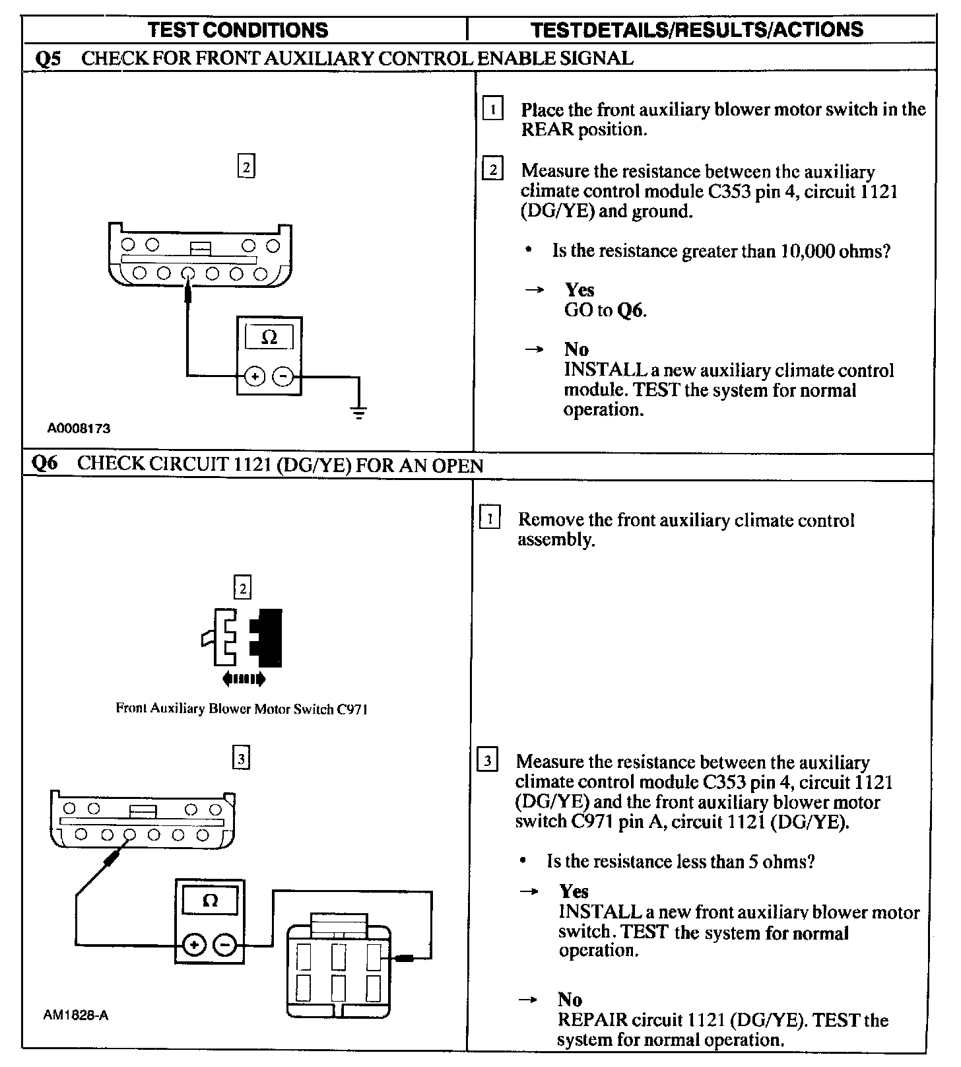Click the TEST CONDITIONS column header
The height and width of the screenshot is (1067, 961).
pos(238,30)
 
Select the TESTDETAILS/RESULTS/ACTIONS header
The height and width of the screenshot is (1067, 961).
pos(697,30)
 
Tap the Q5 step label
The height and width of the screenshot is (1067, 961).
pos(48,58)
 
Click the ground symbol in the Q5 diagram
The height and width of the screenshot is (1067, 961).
pos(359,413)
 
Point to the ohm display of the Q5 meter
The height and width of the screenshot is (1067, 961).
pos(269,337)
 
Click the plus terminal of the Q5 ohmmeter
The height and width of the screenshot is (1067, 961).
pos(255,376)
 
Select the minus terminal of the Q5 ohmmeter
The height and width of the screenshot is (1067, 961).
pos(283,376)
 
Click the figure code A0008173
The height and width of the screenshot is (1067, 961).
pos(79,429)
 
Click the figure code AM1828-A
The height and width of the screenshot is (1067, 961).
pos(76,1015)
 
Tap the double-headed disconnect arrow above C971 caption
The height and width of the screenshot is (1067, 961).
pos(244,678)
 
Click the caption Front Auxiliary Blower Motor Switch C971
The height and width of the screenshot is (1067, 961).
pos(242,709)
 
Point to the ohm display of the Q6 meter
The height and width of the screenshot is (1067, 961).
pos(210,901)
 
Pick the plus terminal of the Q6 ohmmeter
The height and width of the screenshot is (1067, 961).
pos(193,945)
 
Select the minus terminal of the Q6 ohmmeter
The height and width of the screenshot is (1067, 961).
pos(225,945)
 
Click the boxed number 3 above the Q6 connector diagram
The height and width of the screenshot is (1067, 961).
pos(242,759)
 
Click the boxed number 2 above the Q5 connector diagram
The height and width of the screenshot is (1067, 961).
pos(246,167)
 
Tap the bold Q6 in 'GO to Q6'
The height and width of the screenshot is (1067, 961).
pos(630,310)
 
